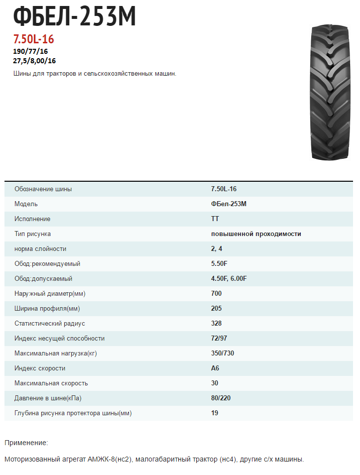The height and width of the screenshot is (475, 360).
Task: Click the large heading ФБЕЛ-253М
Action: [x=74, y=18]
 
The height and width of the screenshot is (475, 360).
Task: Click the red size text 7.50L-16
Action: [x=33, y=39]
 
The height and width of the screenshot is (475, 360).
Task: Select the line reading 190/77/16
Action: [x=30, y=51]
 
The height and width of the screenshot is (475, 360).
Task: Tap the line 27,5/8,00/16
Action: [x=34, y=61]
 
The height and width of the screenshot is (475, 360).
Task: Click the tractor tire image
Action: [x=330, y=92]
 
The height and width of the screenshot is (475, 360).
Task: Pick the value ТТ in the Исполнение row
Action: [x=215, y=219]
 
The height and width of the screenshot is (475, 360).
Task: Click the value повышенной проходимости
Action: [x=256, y=234]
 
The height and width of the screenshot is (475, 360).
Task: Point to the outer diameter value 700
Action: [x=217, y=294]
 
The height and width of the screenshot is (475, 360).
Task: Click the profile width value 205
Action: [x=217, y=309]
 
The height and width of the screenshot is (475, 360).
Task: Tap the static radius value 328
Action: [x=217, y=324]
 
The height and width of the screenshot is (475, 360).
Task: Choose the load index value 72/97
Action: [x=220, y=339]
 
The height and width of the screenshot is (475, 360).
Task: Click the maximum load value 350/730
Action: [x=223, y=354]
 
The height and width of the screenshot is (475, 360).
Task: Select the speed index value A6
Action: [x=215, y=368]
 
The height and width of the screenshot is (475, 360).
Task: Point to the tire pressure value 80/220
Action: [x=221, y=398]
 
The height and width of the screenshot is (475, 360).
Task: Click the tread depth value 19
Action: [x=215, y=413]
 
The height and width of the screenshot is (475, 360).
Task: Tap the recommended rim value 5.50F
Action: [x=219, y=264]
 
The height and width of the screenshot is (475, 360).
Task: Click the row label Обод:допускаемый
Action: [x=46, y=279]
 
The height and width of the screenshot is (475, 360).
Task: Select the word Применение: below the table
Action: [x=26, y=443]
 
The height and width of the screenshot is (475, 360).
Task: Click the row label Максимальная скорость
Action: [x=51, y=383]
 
